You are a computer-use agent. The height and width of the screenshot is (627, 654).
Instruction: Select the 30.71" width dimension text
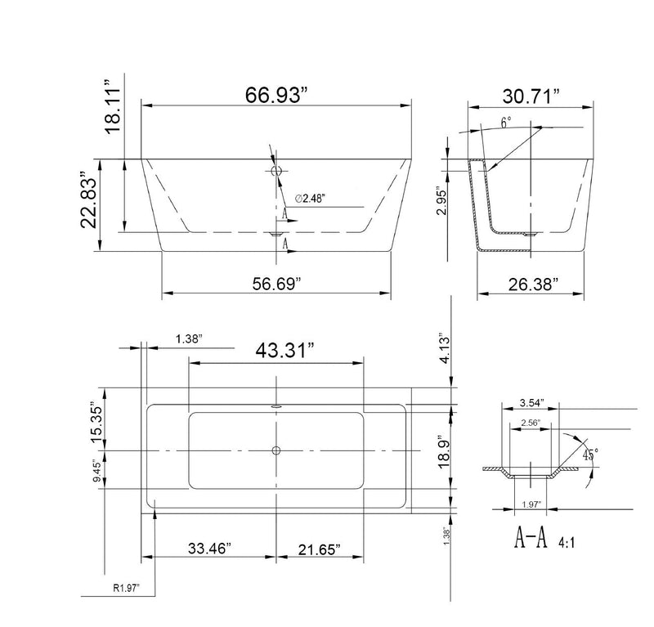531,96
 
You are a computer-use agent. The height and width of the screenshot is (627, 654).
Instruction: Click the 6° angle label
506,123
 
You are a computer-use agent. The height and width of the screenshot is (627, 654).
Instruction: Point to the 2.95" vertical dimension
441,199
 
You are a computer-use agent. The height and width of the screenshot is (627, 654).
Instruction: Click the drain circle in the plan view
276,450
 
